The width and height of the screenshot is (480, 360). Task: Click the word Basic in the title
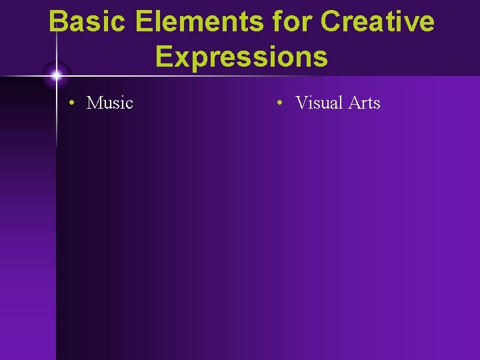point(88,21)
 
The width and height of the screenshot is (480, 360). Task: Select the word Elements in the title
point(197,21)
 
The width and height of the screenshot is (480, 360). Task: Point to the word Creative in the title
point(377,21)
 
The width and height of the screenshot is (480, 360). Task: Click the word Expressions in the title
point(241,57)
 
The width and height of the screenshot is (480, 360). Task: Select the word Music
point(110,103)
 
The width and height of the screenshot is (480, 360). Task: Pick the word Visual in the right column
point(319,103)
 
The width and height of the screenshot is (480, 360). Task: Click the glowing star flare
point(56,75)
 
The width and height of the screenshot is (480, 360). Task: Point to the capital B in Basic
point(59,21)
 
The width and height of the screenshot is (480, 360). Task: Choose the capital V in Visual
point(301,103)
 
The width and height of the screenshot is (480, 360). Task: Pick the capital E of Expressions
point(164,57)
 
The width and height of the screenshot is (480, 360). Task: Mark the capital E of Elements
point(145,21)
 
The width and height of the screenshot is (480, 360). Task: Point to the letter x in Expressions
point(181,58)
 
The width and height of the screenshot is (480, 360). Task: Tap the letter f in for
point(277,21)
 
